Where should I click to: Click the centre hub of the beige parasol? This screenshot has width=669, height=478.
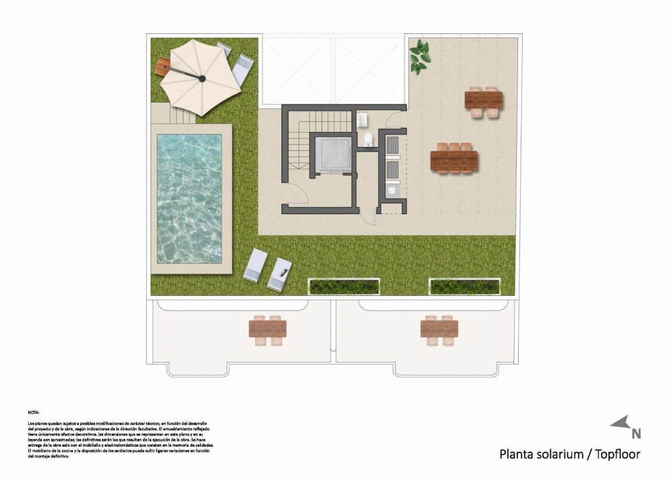(202, 79)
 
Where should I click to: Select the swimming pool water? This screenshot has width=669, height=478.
(189, 198)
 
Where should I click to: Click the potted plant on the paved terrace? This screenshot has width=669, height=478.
(419, 56)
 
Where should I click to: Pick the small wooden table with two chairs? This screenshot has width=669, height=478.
(483, 101)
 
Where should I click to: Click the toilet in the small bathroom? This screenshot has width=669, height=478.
(368, 139)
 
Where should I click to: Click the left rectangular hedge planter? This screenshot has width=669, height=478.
(344, 286)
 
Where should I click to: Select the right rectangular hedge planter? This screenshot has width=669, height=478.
(465, 286)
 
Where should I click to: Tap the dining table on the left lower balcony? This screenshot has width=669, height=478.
(268, 330)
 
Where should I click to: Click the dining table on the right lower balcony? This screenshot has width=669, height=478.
(439, 330)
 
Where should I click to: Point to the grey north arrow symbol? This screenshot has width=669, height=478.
(620, 422)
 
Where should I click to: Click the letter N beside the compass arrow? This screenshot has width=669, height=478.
(636, 432)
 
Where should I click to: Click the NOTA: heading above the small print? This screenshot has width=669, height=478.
(33, 413)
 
